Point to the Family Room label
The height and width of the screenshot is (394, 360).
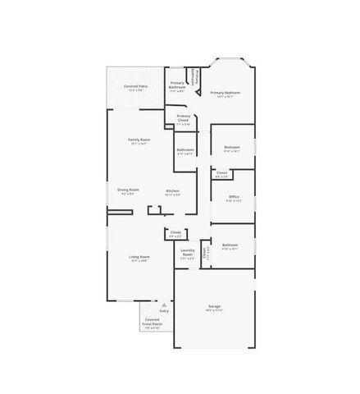tap(139, 140)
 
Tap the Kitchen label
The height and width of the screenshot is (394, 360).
tap(173, 190)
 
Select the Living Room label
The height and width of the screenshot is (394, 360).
tap(139, 257)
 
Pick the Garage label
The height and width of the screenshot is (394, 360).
tap(214, 307)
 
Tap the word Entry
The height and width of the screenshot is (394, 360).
tap(164, 311)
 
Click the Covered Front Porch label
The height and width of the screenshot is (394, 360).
tap(153, 322)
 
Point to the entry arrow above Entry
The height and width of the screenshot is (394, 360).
tap(164, 305)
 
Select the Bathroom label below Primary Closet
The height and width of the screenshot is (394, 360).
tap(185, 149)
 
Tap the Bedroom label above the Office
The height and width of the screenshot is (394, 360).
tap(232, 148)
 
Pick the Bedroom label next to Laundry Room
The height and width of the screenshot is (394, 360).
tap(230, 245)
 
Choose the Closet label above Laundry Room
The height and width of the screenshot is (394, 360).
tap(175, 232)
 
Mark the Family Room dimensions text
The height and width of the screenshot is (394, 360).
tap(139, 144)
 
